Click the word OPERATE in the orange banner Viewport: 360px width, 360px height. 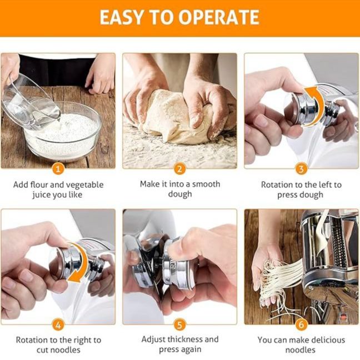[x=219, y=17]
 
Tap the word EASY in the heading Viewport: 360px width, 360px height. [x=121, y=17]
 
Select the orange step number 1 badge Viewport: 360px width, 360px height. [x=58, y=169]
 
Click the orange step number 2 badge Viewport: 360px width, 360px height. [x=179, y=169]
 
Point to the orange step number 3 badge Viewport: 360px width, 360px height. [x=301, y=169]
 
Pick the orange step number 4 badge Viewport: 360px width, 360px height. [x=58, y=325]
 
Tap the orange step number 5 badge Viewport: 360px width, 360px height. [x=179, y=325]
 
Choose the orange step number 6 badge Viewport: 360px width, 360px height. [x=301, y=325]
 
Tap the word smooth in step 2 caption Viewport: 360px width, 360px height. [x=206, y=184]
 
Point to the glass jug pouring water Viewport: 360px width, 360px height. [x=28, y=103]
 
